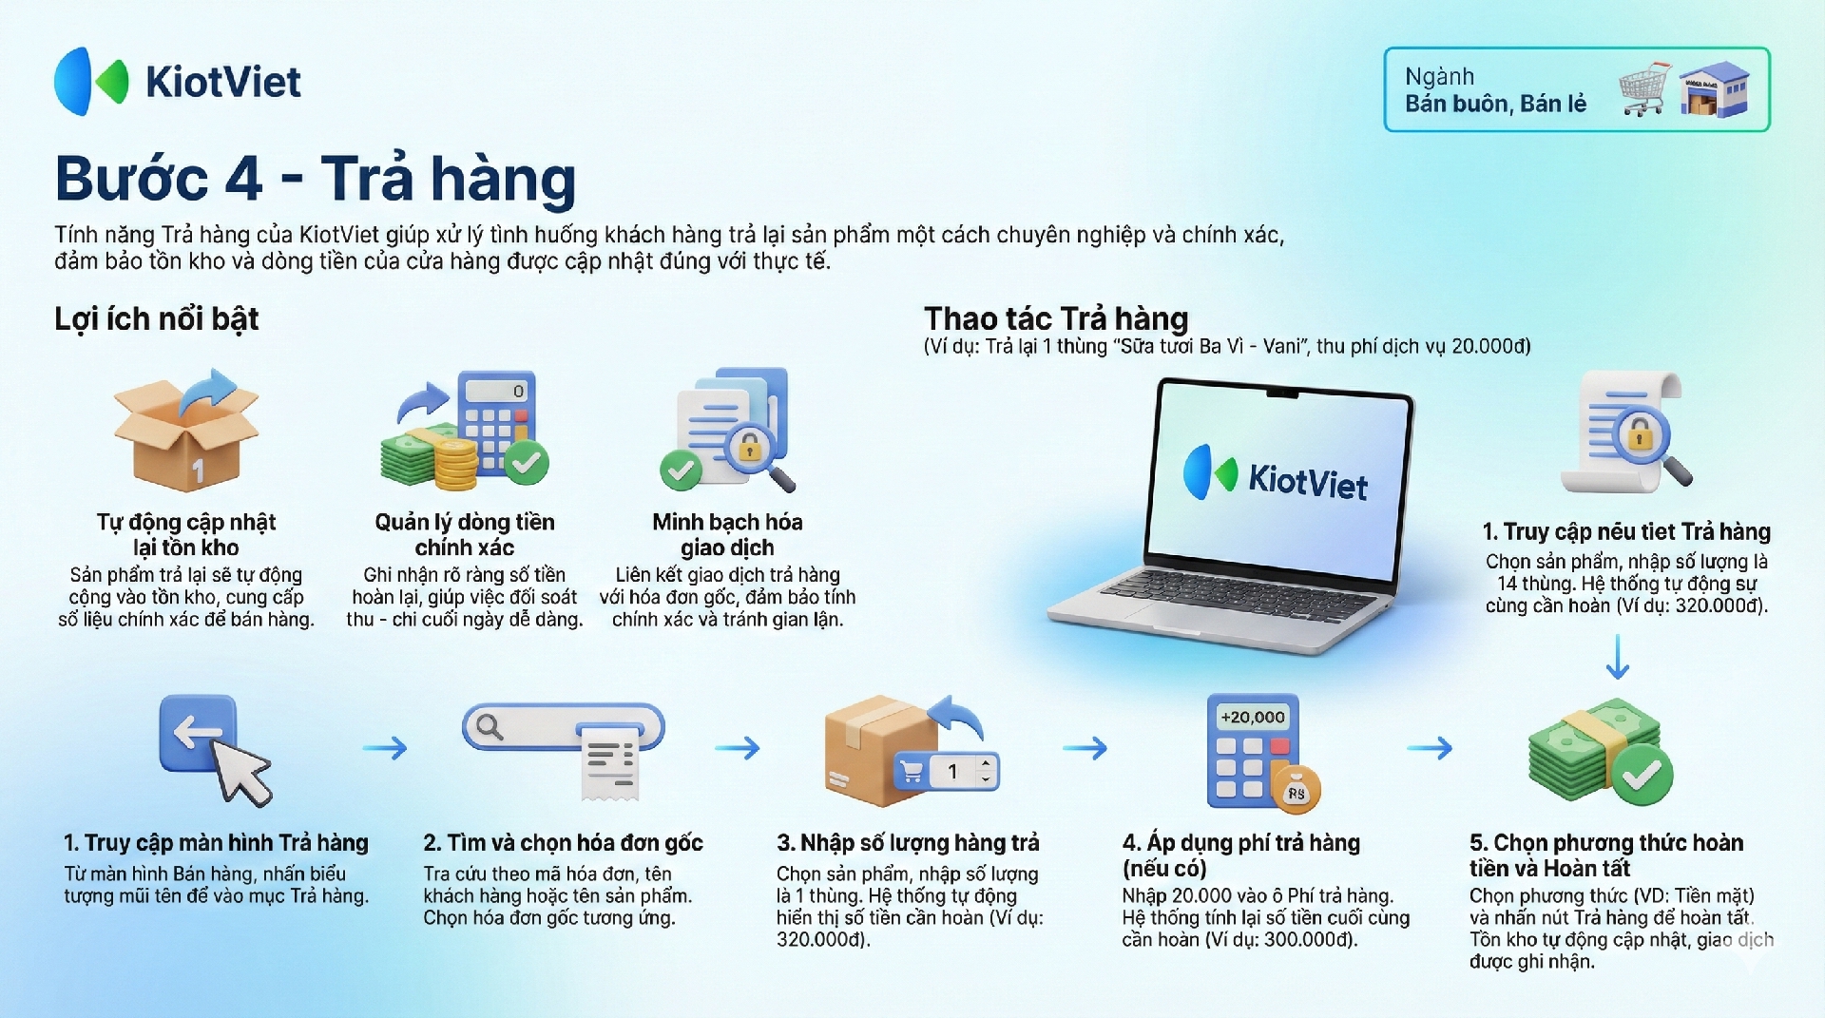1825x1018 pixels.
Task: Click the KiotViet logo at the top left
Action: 178,82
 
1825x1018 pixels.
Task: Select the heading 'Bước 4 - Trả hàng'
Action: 316,179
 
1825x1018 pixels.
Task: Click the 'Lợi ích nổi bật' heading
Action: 157,318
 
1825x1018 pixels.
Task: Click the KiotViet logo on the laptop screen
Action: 1275,474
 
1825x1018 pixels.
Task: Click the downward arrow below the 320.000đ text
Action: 1618,656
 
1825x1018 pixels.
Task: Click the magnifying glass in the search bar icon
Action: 490,727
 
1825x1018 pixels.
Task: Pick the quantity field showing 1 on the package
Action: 962,771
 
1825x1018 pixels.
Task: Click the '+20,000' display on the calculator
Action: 1252,717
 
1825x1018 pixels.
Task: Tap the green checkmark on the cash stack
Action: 1642,775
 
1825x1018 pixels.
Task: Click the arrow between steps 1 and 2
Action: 385,748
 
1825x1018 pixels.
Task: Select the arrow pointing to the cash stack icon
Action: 1430,748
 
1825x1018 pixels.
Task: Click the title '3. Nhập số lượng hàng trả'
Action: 908,843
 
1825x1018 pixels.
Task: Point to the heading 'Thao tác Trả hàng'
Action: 1056,318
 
